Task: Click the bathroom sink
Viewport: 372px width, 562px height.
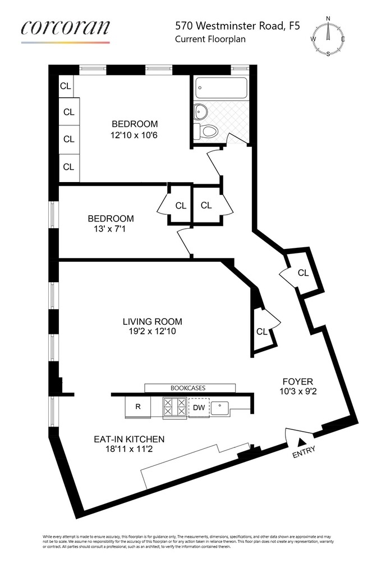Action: tap(199, 111)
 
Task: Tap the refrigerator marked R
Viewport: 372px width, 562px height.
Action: tap(138, 407)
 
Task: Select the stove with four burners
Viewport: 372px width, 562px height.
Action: tap(174, 407)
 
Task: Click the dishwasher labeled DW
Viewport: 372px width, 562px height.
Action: tap(200, 407)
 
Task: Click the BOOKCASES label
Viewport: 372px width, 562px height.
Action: tap(190, 388)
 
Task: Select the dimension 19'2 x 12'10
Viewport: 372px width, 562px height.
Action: tap(153, 332)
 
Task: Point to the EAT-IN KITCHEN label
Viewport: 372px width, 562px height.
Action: tap(130, 439)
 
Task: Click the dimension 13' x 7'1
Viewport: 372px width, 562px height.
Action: tap(111, 229)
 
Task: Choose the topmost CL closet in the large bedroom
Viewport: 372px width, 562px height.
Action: tap(66, 86)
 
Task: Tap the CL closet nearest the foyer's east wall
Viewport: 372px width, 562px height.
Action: tap(303, 273)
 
